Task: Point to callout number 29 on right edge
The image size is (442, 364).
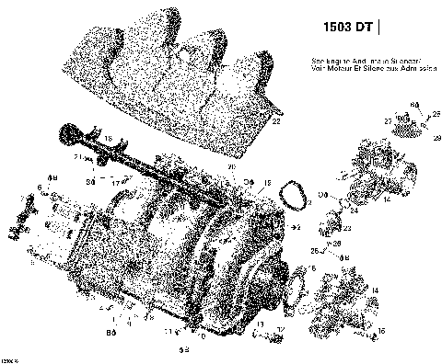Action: (x=436, y=137)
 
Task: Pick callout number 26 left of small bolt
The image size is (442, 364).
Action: (x=314, y=250)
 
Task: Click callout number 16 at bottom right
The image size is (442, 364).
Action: (x=381, y=328)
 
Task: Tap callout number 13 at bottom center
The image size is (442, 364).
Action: (x=261, y=325)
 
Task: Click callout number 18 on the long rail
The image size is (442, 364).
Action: (x=109, y=138)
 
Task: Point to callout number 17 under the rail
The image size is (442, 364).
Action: (x=116, y=182)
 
